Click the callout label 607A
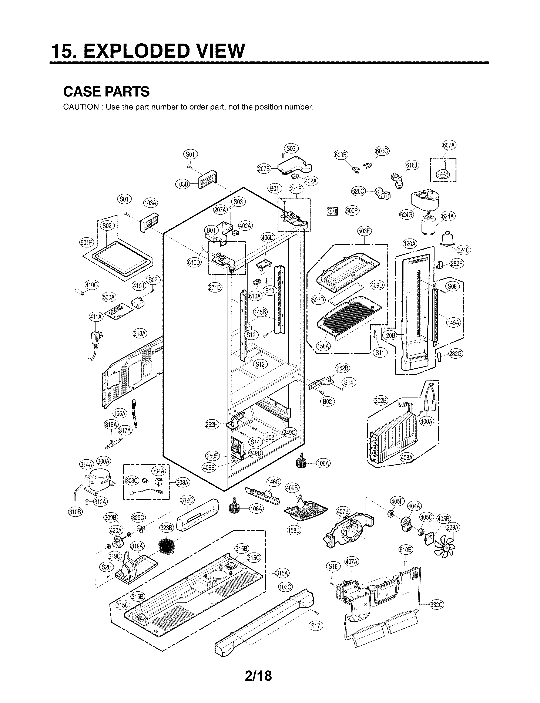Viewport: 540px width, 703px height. click(449, 145)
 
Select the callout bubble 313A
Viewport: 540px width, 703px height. click(140, 334)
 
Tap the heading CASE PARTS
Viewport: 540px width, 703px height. click(106, 92)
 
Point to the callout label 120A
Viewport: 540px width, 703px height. click(409, 244)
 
